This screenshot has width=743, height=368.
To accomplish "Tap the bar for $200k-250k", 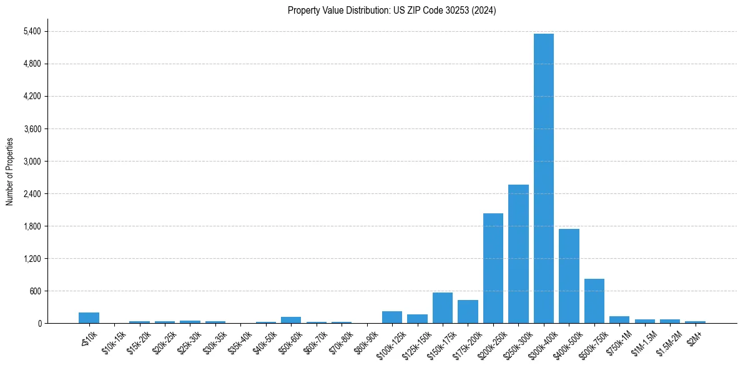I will tap(493, 268).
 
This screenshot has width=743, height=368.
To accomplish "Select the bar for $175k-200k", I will tap(468, 311).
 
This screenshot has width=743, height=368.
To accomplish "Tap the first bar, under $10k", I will tap(89, 317).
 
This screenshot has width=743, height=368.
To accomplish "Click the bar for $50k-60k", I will tap(291, 320).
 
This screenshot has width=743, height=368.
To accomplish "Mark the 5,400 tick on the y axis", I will tap(31, 31).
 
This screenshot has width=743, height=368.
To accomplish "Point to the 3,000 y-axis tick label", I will tap(31, 161).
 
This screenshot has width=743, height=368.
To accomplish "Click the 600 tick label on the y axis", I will tap(34, 291).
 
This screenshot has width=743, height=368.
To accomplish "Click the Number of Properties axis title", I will tap(9, 172).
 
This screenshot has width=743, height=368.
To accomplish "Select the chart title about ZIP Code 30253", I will tap(392, 11).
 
